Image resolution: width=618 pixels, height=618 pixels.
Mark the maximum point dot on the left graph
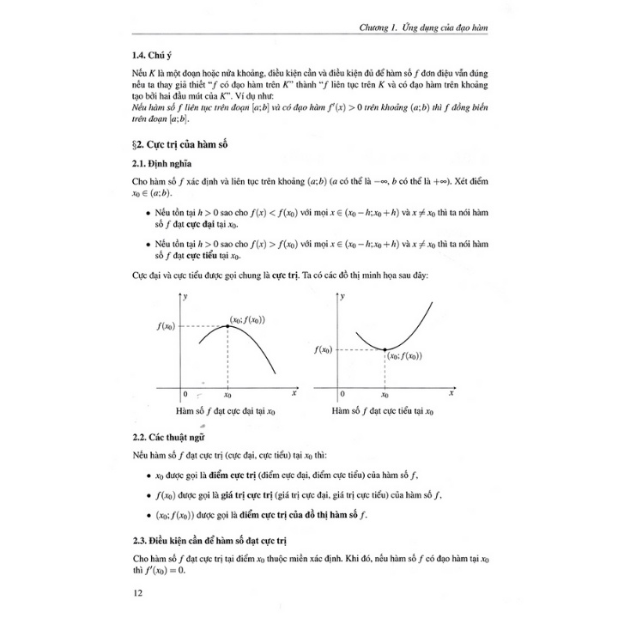coord(227,326)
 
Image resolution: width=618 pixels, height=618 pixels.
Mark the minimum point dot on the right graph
coord(384,349)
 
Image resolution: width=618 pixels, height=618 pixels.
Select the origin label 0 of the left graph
coord(185,395)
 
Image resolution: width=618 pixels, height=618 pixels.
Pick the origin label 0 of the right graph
coord(342,395)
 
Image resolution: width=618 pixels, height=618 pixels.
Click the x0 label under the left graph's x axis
coord(227,396)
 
